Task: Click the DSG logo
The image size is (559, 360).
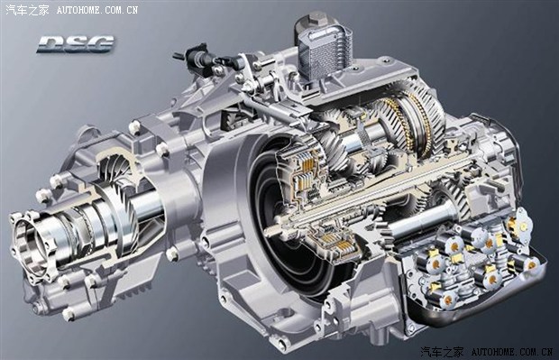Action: (x=76, y=44)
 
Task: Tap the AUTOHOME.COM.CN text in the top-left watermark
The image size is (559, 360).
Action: (x=97, y=10)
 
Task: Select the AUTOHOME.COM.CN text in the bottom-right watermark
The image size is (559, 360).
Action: (x=512, y=352)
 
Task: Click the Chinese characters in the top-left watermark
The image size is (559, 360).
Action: (x=27, y=10)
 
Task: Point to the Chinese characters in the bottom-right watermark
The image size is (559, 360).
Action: (x=442, y=352)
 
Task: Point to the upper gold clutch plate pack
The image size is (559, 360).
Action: (x=308, y=167)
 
